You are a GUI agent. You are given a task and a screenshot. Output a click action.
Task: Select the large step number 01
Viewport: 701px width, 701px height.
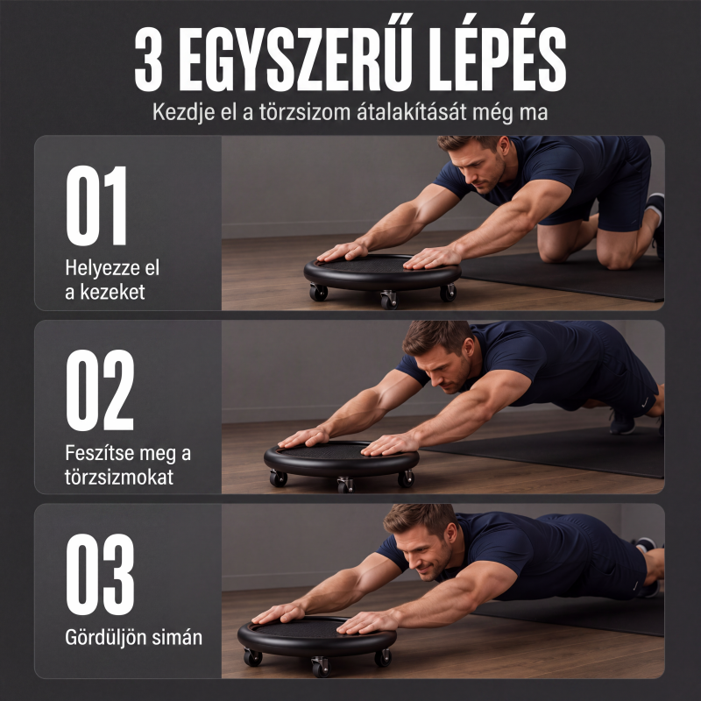click(x=97, y=205)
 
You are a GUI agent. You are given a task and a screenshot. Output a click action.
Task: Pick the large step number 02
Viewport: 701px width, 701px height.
click(x=100, y=390)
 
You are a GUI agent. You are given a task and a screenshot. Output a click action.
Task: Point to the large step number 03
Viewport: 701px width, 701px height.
click(x=100, y=574)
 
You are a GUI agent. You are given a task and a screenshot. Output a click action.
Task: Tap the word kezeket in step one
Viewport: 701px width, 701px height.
click(x=112, y=293)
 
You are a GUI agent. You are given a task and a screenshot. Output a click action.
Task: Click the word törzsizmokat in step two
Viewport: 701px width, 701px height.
click(x=119, y=477)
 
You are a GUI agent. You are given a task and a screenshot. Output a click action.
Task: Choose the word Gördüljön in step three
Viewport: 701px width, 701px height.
click(x=105, y=638)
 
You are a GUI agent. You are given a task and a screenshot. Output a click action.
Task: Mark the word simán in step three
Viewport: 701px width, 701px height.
click(x=177, y=638)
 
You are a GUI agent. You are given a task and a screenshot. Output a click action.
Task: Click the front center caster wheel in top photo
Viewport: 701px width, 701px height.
click(x=388, y=299)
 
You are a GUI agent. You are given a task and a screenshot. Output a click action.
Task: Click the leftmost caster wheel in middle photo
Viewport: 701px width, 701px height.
click(x=278, y=478)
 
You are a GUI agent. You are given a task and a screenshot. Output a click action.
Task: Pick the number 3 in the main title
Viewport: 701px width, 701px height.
click(x=149, y=59)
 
